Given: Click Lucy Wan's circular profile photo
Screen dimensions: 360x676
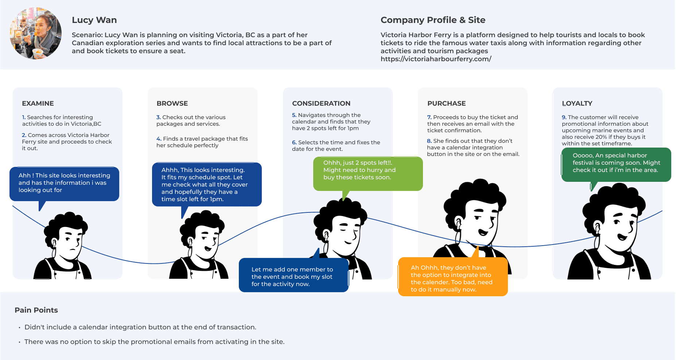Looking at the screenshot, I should [x=35, y=33].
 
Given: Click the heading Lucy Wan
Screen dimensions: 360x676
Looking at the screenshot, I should [x=94, y=20].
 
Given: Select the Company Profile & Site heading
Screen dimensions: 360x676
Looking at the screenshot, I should [x=433, y=20].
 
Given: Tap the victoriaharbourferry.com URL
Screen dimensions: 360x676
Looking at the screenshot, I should [x=436, y=59].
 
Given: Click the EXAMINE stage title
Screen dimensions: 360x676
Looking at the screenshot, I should [x=38, y=103].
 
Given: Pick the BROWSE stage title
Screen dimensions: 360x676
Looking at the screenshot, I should [x=172, y=103].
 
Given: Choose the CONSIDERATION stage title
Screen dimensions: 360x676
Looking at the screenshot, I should [x=321, y=103].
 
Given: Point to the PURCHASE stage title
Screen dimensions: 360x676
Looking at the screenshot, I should [x=446, y=103].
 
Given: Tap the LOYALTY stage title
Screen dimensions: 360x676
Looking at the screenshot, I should [x=577, y=103].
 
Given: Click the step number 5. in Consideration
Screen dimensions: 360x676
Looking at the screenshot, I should [x=294, y=115].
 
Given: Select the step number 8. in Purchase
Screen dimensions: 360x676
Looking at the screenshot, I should [x=429, y=141].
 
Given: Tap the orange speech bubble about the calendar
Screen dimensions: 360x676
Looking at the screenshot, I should [x=452, y=277].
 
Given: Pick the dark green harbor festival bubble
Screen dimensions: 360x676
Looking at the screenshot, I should [x=616, y=164].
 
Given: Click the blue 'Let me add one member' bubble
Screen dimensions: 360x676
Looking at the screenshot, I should [x=293, y=275].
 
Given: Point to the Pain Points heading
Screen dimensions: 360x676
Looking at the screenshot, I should [x=36, y=310].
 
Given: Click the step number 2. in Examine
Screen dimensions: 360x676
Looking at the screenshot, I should [x=24, y=135].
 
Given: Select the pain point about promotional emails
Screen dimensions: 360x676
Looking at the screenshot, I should [x=154, y=342].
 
